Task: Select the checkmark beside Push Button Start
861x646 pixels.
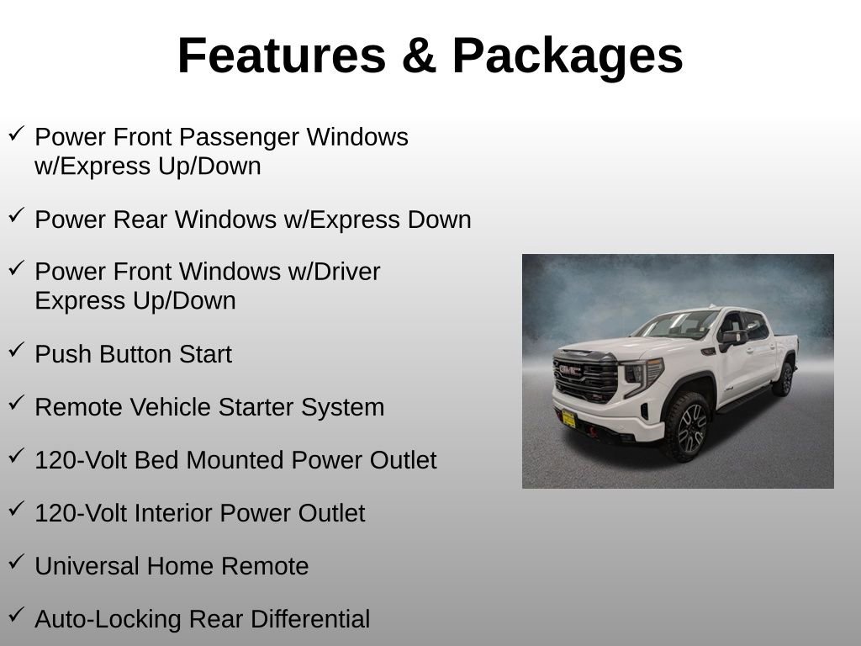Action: [x=16, y=351]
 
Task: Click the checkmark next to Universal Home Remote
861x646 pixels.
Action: [x=16, y=563]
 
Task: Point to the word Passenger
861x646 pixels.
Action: [x=244, y=136]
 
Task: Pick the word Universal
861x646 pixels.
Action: [x=87, y=566]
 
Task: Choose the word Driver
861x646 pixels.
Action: [x=344, y=272]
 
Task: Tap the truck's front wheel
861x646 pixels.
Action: [x=690, y=427]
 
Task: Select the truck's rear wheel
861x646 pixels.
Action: [x=784, y=379]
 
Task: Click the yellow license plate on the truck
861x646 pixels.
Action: [x=568, y=418]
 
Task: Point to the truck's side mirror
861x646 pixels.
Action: [x=732, y=338]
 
